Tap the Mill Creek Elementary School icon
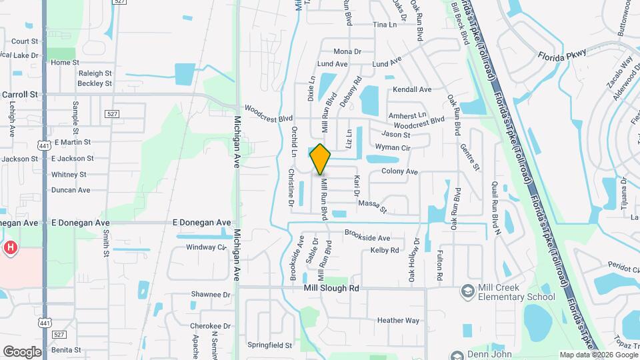tap(468, 292)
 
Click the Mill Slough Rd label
tap(331, 288)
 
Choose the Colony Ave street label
tap(399, 171)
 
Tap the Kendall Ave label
tap(412, 89)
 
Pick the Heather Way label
tap(398, 321)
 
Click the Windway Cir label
tap(206, 247)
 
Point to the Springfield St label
tap(270, 345)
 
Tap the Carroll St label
tap(20, 95)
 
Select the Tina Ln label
tap(385, 25)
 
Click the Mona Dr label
tap(347, 51)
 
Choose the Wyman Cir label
tap(392, 147)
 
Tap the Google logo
tap(22, 351)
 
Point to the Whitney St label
tap(69, 175)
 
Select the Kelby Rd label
tap(385, 251)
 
